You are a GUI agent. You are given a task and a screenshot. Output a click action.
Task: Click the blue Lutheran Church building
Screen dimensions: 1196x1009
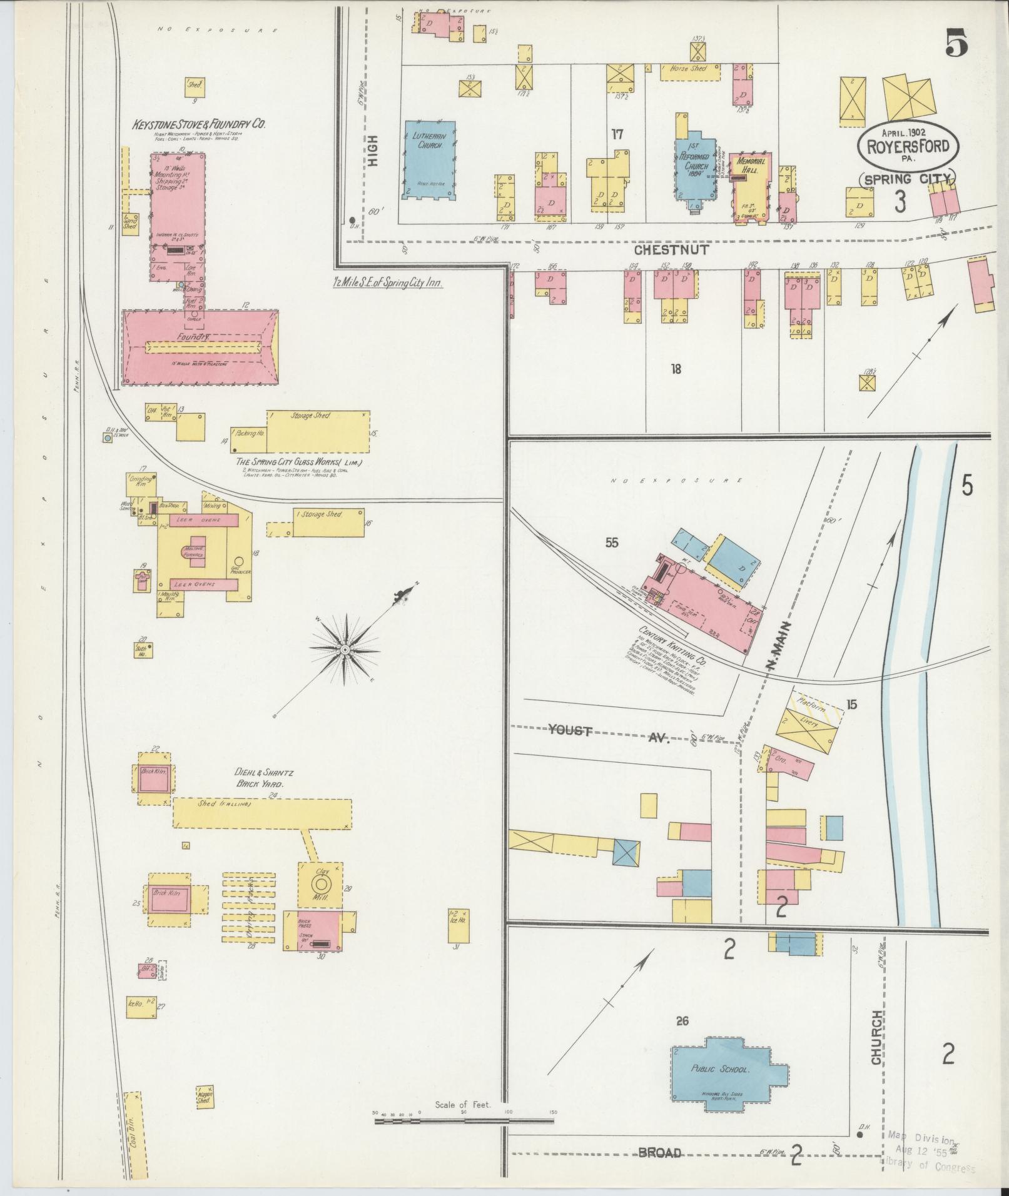(x=429, y=159)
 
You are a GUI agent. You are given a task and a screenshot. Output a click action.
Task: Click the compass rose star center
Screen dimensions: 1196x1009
(x=345, y=650)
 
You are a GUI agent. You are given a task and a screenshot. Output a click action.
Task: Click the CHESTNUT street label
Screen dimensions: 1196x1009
(x=671, y=250)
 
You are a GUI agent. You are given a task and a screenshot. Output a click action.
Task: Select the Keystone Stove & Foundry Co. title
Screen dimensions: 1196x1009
(x=198, y=124)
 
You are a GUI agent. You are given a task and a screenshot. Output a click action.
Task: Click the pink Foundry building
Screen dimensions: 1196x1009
(x=200, y=345)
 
